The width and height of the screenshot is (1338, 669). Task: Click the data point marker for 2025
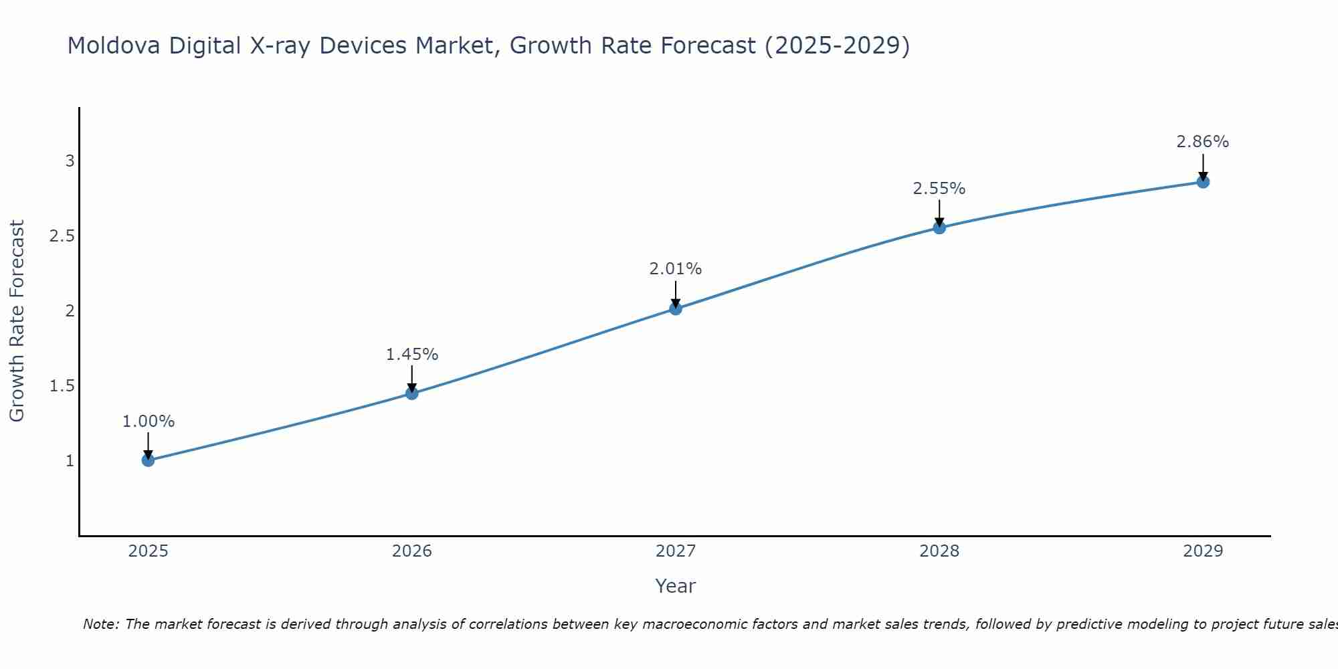point(149,460)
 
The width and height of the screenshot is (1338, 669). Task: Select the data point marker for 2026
point(412,393)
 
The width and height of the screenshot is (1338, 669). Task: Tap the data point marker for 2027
point(676,308)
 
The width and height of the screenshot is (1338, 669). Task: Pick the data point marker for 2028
point(939,227)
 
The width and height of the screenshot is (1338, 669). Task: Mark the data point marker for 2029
point(1203,182)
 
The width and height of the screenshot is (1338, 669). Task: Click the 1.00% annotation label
point(149,421)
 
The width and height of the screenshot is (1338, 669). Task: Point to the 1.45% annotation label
point(412,355)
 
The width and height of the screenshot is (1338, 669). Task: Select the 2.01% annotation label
point(676,269)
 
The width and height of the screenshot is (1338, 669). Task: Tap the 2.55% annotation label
point(939,189)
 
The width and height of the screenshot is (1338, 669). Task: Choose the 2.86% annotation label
point(1203,142)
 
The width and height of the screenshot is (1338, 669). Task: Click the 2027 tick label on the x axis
point(676,551)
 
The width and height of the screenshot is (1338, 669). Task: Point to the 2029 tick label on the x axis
point(1203,551)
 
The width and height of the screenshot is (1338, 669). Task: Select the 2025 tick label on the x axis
point(149,551)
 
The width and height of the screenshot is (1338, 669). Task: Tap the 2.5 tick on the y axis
point(62,236)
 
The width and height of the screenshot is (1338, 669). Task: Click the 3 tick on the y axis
point(70,161)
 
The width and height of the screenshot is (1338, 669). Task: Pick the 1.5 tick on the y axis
point(62,386)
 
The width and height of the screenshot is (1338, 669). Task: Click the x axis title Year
point(676,586)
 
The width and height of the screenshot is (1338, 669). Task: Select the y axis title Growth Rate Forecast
point(17,321)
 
